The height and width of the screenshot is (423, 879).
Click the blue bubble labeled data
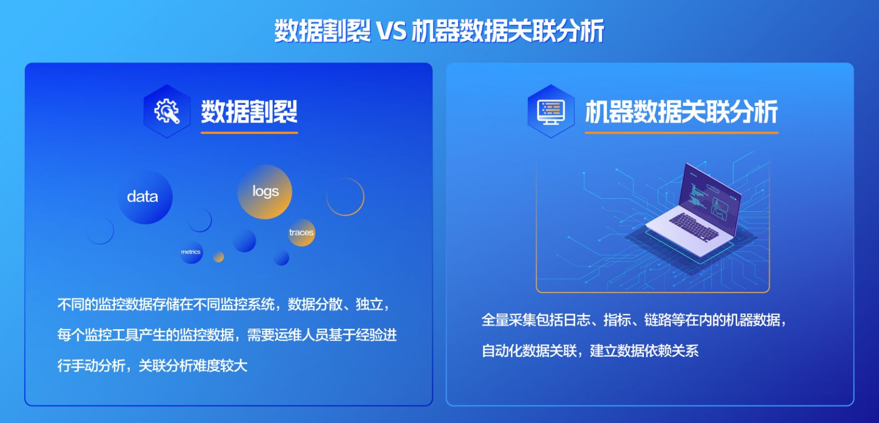pos(145,197)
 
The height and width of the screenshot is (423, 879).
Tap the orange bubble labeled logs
pos(265,191)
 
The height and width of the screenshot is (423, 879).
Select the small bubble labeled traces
pos(302,233)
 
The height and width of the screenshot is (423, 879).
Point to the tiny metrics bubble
pos(191,252)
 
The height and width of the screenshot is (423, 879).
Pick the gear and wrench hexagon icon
pos(167,111)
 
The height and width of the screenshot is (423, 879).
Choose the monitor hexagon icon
pos(551,111)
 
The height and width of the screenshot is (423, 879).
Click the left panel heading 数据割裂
pos(249,111)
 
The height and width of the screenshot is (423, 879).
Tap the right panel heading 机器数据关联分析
pos(681,112)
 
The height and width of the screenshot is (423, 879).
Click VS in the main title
pos(392,31)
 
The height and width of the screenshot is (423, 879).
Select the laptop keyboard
pos(694,227)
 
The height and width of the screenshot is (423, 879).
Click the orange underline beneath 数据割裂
pos(249,133)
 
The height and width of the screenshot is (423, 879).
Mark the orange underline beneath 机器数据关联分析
pos(681,133)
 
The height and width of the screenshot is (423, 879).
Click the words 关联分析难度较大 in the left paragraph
pos(193,366)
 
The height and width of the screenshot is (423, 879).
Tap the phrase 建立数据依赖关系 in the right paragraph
pos(644,351)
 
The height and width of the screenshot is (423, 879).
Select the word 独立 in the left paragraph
pos(369,304)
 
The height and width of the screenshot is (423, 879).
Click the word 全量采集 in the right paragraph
pos(509,320)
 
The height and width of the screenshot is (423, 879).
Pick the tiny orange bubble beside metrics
pos(219,257)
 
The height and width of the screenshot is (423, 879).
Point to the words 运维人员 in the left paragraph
pos(301,335)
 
